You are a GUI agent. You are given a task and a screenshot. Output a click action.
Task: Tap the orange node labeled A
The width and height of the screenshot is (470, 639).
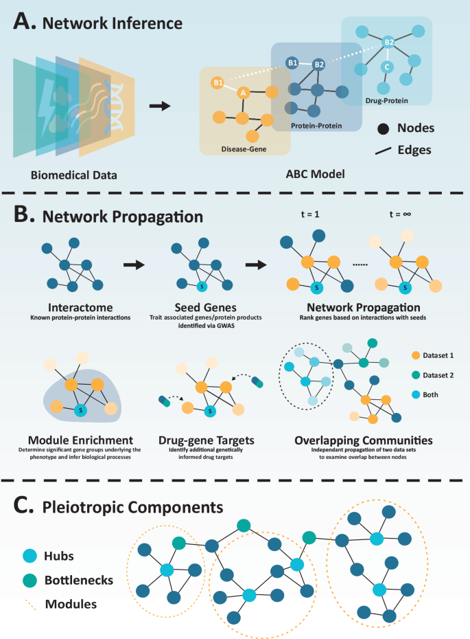click(x=242, y=92)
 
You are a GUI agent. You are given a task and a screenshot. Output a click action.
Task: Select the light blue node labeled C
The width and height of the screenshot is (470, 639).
click(x=387, y=68)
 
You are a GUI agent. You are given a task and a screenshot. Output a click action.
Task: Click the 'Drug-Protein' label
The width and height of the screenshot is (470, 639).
click(x=387, y=100)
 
